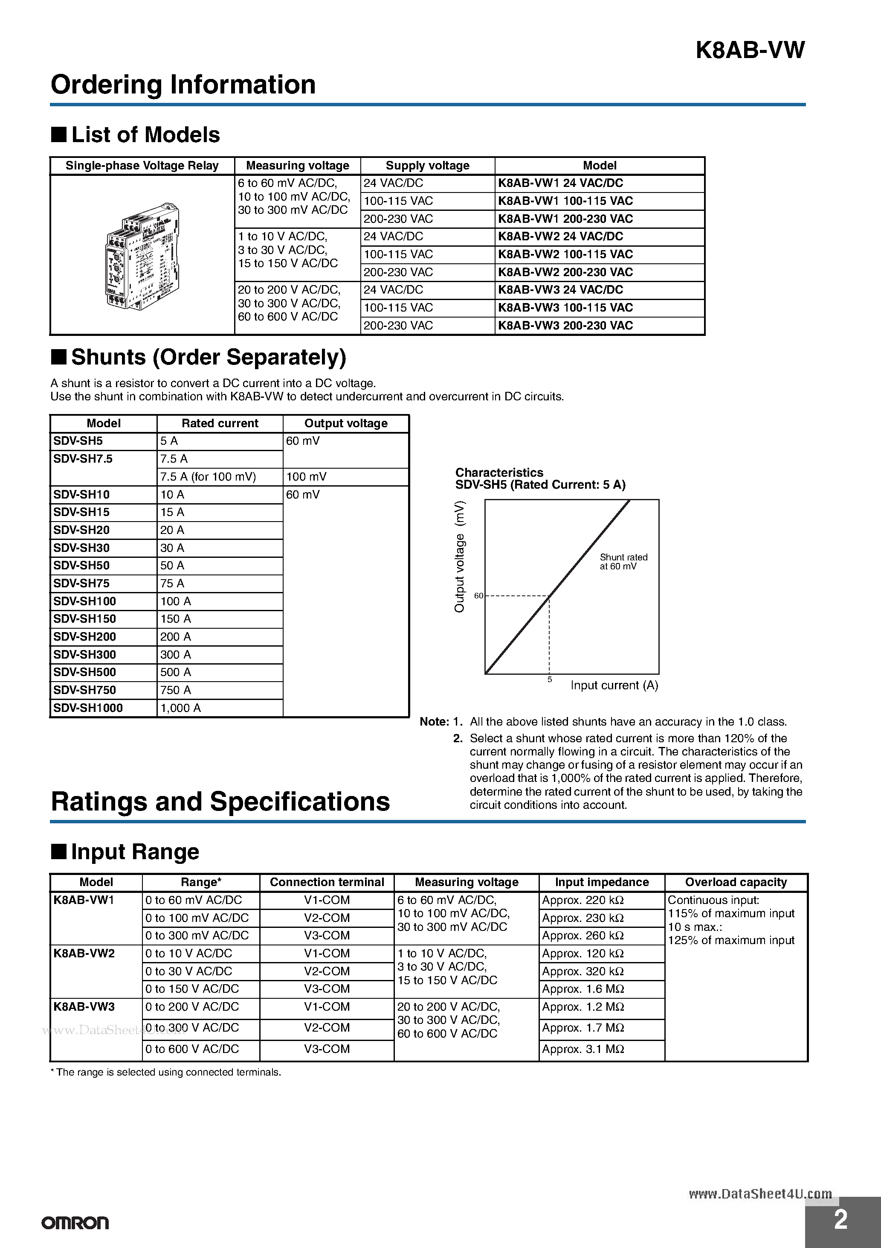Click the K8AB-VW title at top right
[750, 50]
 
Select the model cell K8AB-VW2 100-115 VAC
[565, 254]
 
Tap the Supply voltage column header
[427, 166]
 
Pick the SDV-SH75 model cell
[81, 583]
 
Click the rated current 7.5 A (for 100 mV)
[208, 477]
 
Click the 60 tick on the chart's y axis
[478, 596]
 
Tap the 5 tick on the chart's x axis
[549, 679]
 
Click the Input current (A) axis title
[614, 685]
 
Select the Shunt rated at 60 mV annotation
[623, 562]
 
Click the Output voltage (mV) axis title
[460, 557]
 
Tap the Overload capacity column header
[736, 882]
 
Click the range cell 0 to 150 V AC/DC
[192, 989]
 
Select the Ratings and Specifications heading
[220, 802]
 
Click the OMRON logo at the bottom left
[75, 1223]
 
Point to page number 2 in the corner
[840, 1220]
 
